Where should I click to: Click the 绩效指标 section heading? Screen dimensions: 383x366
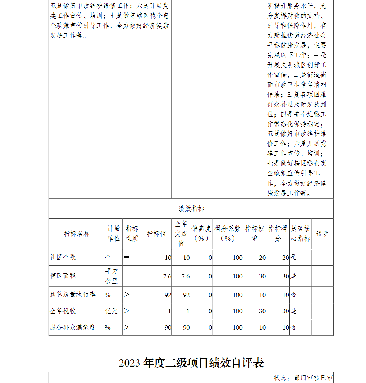pyautogui.click(x=191, y=209)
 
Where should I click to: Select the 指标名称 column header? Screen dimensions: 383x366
pyautogui.click(x=76, y=234)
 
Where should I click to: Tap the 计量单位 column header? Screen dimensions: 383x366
pyautogui.click(x=113, y=234)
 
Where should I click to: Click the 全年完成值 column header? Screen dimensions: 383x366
pyautogui.click(x=181, y=234)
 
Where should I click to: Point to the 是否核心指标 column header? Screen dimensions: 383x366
pyautogui.click(x=300, y=234)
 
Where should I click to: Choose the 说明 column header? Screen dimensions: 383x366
pyautogui.click(x=322, y=234)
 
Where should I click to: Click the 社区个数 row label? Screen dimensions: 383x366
pyautogui.click(x=63, y=257)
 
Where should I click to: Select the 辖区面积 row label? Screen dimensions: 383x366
pyautogui.click(x=63, y=276)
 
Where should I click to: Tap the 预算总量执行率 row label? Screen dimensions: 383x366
pyautogui.click(x=72, y=295)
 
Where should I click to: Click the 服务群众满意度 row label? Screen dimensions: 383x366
pyautogui.click(x=72, y=327)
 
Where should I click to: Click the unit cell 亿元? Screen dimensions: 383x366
pyautogui.click(x=111, y=311)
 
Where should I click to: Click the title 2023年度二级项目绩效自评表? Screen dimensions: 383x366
pyautogui.click(x=191, y=363)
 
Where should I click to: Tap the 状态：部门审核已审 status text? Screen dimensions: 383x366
pyautogui.click(x=303, y=378)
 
